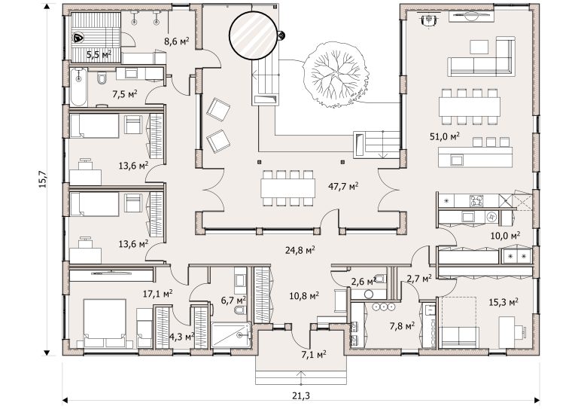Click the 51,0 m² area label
click(445, 136)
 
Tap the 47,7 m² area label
click(343, 187)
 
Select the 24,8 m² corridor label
click(300, 250)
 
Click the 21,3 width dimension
click(301, 395)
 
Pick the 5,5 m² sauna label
click(99, 55)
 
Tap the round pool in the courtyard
click(253, 35)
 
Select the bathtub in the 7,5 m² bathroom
click(78, 87)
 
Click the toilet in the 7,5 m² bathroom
click(102, 78)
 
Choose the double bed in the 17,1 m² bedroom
click(105, 323)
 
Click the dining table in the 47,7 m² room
click(287, 188)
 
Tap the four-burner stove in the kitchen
click(477, 201)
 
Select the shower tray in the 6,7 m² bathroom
click(231, 335)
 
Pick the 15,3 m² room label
click(503, 302)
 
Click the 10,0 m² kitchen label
click(505, 235)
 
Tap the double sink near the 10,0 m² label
click(516, 255)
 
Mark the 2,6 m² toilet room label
click(364, 282)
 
